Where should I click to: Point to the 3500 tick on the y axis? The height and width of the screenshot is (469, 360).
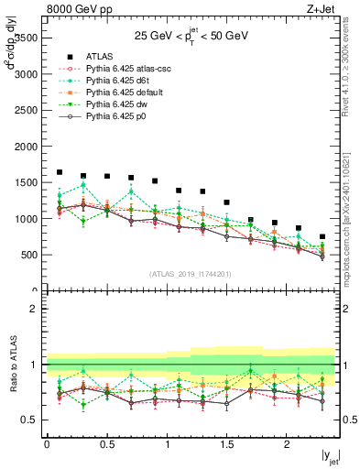click(26, 38)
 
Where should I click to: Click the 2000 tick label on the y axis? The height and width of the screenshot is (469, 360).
click(26, 147)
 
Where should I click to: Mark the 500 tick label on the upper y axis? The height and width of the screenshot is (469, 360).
click(29, 255)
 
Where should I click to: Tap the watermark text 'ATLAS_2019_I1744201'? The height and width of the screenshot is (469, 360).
click(191, 273)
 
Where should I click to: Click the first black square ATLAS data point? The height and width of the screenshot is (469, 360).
click(60, 172)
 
